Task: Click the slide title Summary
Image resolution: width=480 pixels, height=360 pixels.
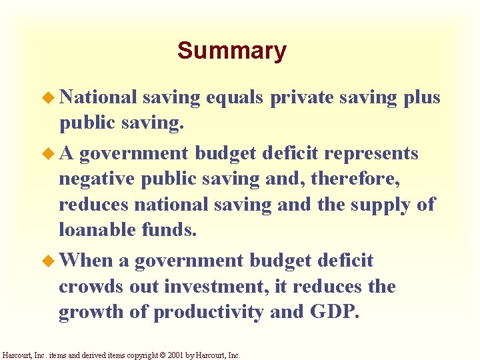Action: (231, 51)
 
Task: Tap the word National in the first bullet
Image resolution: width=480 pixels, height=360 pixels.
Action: (99, 97)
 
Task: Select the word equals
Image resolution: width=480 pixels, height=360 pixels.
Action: (236, 98)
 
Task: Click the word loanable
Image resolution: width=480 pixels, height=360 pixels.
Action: (97, 229)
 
